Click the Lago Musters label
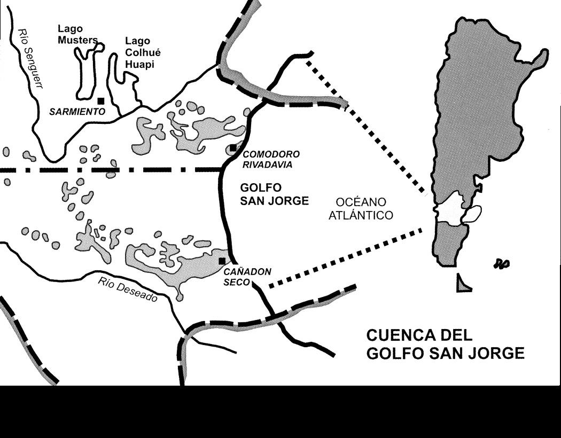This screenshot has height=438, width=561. (x=77, y=34)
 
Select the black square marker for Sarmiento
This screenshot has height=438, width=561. (x=100, y=100)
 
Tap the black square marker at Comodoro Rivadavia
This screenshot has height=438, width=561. (x=233, y=148)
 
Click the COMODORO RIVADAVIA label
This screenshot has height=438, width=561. (x=271, y=159)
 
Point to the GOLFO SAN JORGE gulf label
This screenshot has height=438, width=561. (x=274, y=194)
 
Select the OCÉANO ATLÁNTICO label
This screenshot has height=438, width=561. (x=365, y=208)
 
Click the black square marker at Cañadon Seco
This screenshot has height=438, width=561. (x=222, y=261)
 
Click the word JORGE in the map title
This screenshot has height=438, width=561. (x=497, y=353)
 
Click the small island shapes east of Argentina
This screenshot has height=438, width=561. (x=502, y=263)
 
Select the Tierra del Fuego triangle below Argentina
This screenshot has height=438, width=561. (x=463, y=284)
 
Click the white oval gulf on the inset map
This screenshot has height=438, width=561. (x=472, y=214)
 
